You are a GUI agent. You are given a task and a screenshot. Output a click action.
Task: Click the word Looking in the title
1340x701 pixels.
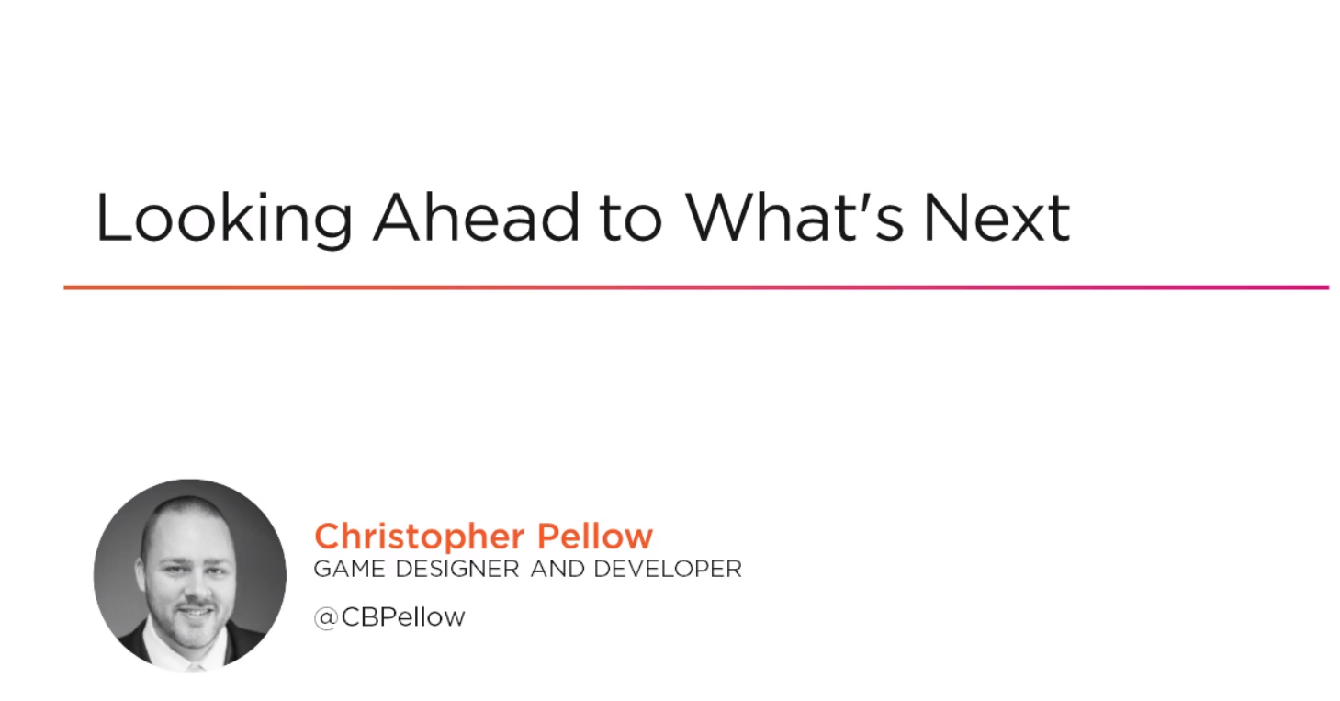224,219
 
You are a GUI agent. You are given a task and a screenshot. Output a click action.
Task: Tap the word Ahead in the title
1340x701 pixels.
476,217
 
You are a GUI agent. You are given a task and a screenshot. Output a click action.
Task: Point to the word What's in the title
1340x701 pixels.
794,217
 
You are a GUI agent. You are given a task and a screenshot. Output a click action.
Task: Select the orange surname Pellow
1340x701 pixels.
595,536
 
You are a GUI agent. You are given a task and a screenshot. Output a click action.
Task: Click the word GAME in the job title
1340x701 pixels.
350,569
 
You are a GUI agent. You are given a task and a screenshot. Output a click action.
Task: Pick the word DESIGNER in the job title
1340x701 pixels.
457,569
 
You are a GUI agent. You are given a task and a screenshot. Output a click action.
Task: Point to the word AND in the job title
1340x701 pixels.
557,569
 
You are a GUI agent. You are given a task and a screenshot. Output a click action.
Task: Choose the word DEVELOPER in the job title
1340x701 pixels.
668,569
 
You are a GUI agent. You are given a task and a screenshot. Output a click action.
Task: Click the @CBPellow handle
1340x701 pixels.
389,617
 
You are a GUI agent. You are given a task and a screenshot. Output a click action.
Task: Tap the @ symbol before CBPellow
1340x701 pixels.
326,618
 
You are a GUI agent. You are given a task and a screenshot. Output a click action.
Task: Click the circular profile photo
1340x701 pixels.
189,575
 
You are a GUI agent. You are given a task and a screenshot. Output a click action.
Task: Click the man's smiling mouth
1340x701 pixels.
195,612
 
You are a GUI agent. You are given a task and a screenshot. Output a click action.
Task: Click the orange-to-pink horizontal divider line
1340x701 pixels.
696,288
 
